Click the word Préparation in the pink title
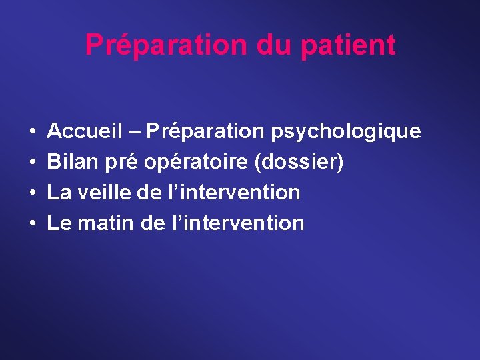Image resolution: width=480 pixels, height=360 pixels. pyautogui.click(x=167, y=45)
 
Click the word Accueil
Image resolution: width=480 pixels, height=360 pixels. pyautogui.click(x=85, y=131)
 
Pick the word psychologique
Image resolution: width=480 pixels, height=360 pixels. pyautogui.click(x=346, y=132)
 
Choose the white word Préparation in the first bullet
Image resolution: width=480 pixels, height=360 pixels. pyautogui.click(x=205, y=132)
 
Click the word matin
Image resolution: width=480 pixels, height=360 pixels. pyautogui.click(x=107, y=223)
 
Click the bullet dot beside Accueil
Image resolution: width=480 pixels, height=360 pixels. pyautogui.click(x=33, y=132)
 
